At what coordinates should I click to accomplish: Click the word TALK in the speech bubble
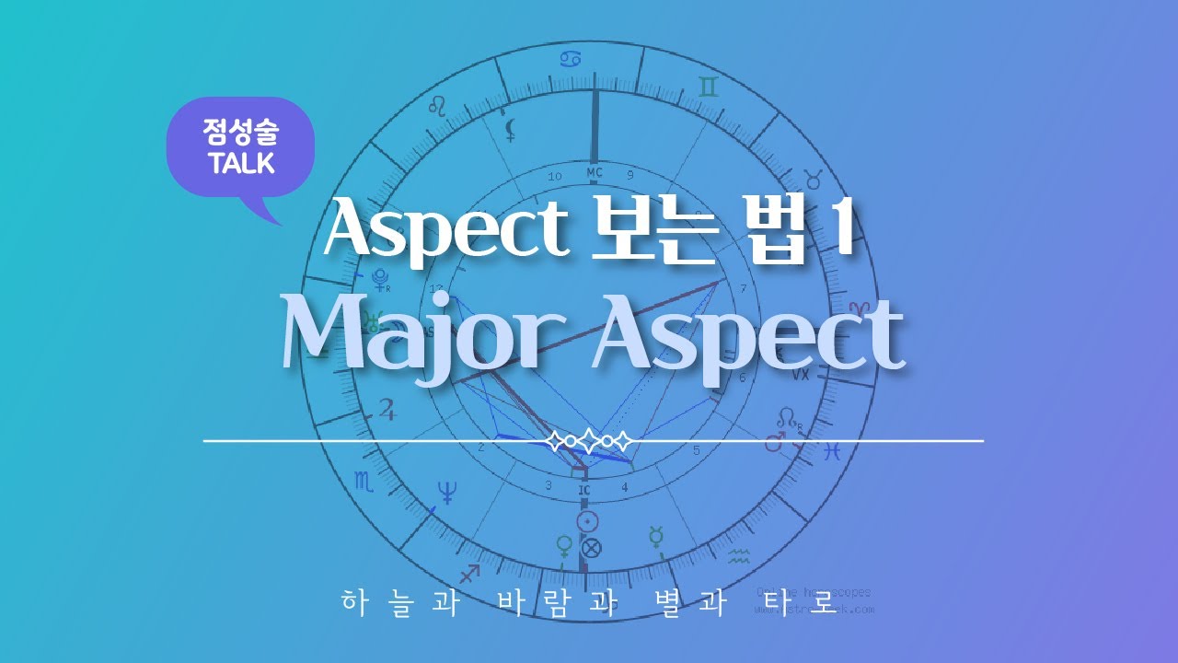(x=241, y=164)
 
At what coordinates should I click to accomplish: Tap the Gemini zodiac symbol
(x=708, y=87)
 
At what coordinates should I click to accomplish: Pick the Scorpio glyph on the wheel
(x=364, y=479)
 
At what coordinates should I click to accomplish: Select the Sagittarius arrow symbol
(x=469, y=574)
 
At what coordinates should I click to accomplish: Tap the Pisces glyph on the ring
(x=831, y=451)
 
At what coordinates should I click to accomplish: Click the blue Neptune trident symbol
(x=448, y=493)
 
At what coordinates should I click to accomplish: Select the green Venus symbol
(x=563, y=546)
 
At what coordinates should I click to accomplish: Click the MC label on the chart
(x=595, y=172)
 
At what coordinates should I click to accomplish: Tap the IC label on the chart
(x=583, y=491)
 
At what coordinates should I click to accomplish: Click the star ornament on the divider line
(x=590, y=441)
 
